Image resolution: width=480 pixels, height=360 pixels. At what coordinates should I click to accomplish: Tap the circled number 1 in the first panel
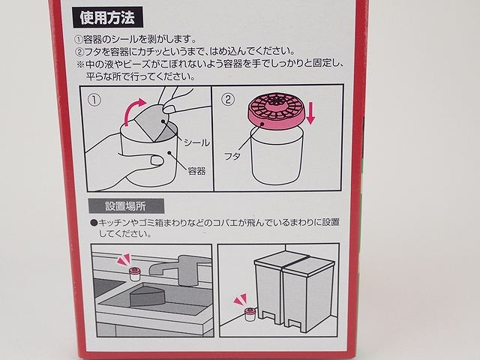95,99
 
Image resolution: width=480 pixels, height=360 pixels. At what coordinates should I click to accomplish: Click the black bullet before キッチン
94,223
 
